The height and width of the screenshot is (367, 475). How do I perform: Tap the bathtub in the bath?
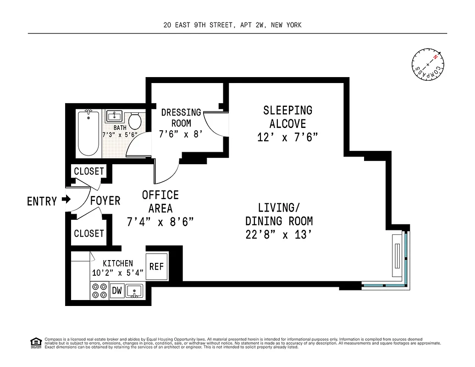point(88,133)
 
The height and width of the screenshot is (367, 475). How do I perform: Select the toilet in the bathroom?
point(134,121)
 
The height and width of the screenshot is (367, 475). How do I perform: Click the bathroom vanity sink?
point(114,117)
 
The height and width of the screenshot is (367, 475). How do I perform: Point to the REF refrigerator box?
point(157,267)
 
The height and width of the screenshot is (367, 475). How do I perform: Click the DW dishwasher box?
point(117,290)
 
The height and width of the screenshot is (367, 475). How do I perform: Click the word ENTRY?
point(42,201)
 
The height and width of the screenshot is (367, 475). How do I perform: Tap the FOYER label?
point(105,201)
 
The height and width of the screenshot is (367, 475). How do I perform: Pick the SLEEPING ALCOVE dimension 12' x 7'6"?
point(287,137)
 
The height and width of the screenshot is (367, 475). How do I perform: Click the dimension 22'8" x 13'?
point(279,234)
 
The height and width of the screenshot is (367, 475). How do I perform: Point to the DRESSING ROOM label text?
point(181,117)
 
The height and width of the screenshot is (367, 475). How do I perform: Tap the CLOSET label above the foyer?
point(89,171)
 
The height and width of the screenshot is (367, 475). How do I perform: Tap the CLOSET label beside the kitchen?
point(89,234)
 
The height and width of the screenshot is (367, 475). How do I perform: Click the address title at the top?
point(232,25)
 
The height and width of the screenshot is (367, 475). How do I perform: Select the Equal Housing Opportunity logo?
point(35,342)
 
